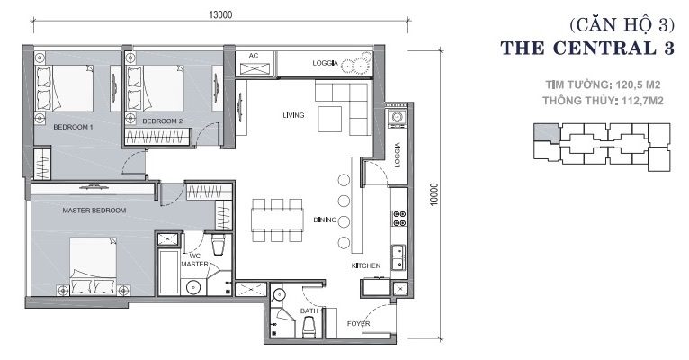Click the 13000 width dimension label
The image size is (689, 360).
pos(220,14)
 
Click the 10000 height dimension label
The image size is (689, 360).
pos(434,194)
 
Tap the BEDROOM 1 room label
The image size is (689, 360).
pos(73,127)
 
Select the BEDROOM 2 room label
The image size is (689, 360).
pos(162,121)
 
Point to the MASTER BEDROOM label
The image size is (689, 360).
pos(94,211)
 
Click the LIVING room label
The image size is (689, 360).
pos(293,115)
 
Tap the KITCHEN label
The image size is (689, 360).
pos(366,265)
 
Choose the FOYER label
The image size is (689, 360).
pos(359,324)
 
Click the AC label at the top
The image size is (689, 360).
pos(254,56)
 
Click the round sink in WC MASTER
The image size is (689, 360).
pos(193,287)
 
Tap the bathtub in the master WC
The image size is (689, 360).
pos(168,272)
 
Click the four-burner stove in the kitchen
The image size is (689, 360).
pos(399,219)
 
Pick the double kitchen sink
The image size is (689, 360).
pos(399,257)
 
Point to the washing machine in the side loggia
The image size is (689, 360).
pos(398,118)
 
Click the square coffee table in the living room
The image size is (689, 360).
pos(330,119)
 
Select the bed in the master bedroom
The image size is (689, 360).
pos(94,265)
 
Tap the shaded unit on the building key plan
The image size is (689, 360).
pos(547,133)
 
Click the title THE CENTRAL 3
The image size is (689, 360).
pos(587,48)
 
